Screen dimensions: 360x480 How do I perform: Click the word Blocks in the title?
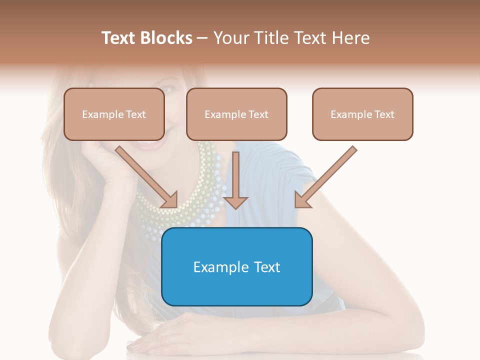[x=167, y=38]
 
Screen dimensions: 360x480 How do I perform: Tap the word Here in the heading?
[x=350, y=38]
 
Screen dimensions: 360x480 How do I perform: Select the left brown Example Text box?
[x=114, y=114]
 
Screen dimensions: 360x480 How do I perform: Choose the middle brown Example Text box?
[x=236, y=114]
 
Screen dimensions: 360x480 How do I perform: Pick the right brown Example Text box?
[x=362, y=114]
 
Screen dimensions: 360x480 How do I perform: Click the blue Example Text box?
[x=236, y=266]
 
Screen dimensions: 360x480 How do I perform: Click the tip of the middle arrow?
[x=235, y=207]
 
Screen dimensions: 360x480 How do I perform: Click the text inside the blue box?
[x=236, y=267]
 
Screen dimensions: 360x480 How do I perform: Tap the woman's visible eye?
[x=167, y=90]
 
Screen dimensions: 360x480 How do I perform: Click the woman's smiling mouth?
[x=150, y=144]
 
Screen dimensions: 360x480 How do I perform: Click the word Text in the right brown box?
[x=383, y=114]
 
